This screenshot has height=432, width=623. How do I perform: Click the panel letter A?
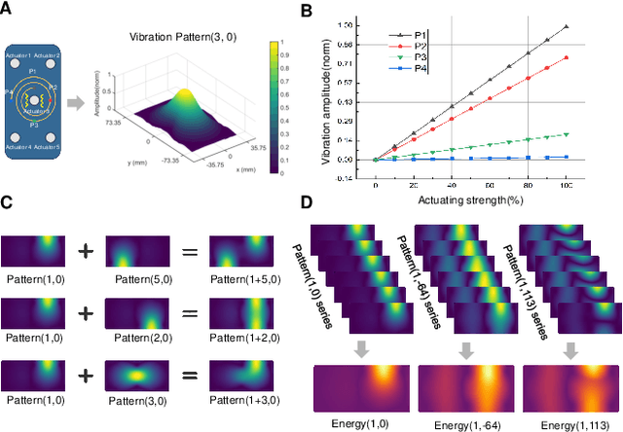tap(7, 11)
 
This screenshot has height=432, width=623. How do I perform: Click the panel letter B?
tap(333, 11)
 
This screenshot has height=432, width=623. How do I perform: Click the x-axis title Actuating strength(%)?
tap(468, 200)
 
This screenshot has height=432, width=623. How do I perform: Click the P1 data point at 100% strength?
tap(566, 26)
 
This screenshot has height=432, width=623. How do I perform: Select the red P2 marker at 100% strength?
tap(566, 57)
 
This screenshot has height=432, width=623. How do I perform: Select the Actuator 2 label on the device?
tap(72, 54)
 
